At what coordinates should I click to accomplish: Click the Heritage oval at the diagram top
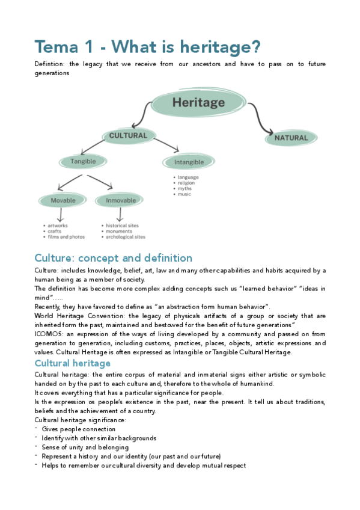point(198,103)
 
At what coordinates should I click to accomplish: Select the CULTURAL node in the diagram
point(128,136)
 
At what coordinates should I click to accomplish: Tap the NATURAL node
point(291,138)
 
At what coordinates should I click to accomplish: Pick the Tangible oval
point(83,161)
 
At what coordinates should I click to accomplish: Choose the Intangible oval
point(189,162)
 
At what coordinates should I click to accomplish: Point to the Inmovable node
point(121,200)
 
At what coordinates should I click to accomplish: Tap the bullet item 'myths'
point(185,189)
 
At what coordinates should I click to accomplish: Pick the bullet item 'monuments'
point(119,232)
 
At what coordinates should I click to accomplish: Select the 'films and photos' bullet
point(66,237)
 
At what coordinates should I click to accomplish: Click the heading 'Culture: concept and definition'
point(114,258)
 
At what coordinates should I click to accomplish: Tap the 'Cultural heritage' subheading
point(73,363)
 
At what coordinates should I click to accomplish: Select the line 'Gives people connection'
point(79,429)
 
